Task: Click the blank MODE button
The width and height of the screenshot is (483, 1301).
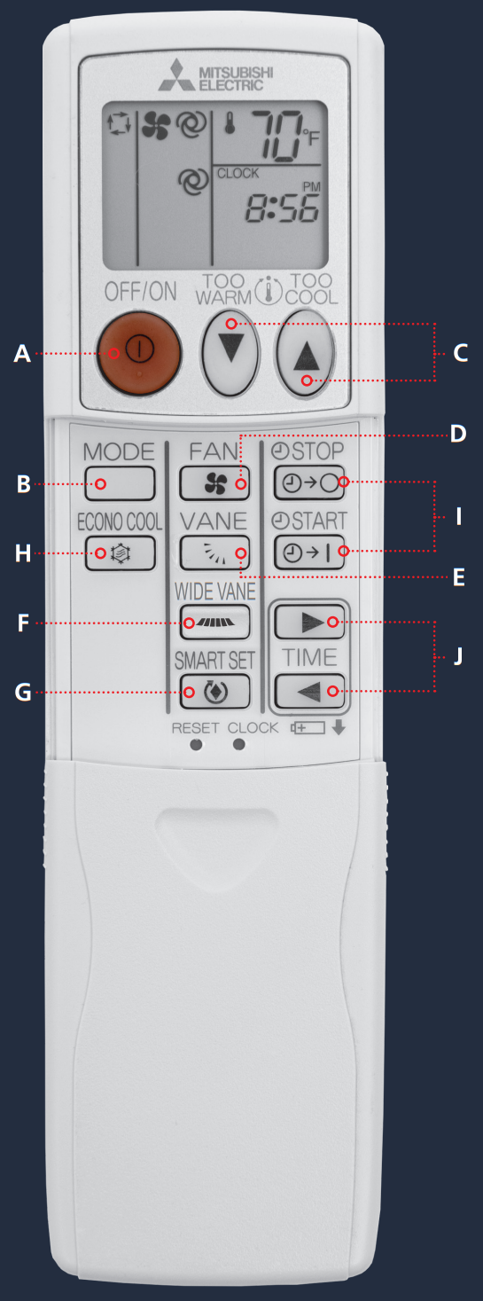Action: [120, 483]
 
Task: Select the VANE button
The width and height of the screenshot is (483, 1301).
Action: [214, 553]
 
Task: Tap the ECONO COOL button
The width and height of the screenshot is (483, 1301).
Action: [120, 553]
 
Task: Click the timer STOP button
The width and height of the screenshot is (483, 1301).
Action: [309, 483]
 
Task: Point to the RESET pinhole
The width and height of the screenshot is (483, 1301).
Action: [197, 744]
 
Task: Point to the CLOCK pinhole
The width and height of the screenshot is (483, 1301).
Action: [238, 744]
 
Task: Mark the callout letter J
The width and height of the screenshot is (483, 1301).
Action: [457, 657]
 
